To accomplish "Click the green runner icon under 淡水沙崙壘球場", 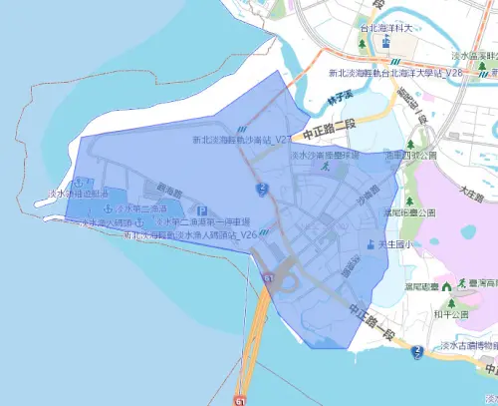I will pyautogui.click(x=325, y=170).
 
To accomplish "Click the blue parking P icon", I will pyautogui.click(x=202, y=210).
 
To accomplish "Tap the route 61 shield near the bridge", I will pyautogui.click(x=268, y=279).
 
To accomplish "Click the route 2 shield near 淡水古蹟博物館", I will pyautogui.click(x=419, y=350).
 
